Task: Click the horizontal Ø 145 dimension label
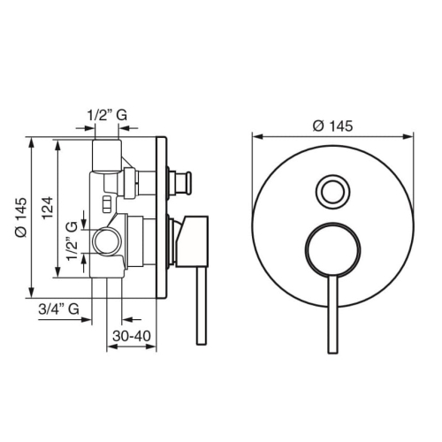pos(332,126)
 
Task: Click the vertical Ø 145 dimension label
pos(21,217)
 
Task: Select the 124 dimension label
pos(47,208)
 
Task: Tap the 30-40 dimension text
pos(132,336)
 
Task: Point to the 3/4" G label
pos(59,309)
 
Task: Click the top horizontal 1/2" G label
pos(107,115)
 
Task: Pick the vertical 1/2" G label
pos(72,241)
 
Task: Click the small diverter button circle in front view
pos(333,192)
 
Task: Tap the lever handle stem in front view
pos(332,315)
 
